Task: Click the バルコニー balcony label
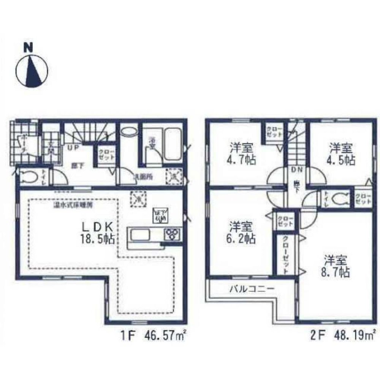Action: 252,289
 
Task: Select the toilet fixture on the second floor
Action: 340,198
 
